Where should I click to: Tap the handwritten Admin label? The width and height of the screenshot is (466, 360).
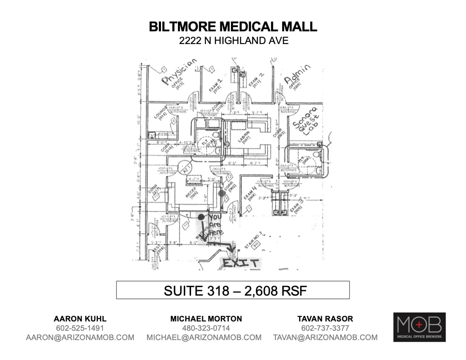coord(297,73)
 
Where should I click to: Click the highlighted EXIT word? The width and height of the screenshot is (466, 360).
coord(240,263)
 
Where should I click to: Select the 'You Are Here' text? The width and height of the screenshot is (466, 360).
coord(216,225)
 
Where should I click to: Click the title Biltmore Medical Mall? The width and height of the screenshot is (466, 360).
coord(233,27)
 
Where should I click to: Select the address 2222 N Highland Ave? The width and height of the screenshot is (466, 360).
coord(233,41)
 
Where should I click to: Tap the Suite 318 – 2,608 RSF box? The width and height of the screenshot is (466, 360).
coord(233,291)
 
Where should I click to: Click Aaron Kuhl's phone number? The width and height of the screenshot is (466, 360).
coord(80,328)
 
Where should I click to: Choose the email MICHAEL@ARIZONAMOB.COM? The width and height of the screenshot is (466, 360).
coord(204,338)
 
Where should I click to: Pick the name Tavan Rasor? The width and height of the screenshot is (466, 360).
coord(325,318)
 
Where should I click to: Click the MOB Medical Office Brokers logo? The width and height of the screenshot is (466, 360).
coord(419,327)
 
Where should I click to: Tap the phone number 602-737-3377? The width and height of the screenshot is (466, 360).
coord(325,328)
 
